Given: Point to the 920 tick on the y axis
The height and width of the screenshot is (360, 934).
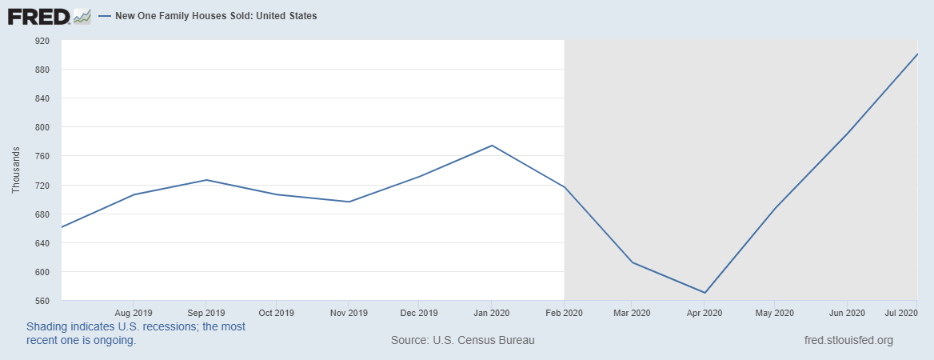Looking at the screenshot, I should [42, 41].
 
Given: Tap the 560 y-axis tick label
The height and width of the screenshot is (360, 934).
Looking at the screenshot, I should [42, 301].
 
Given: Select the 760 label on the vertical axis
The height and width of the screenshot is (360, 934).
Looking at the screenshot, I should [42, 157].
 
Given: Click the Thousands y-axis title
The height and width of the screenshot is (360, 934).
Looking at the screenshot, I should [16, 170].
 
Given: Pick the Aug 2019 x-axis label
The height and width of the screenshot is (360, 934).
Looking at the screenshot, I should [134, 312].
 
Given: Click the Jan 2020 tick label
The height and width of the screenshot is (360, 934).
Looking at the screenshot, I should [492, 312].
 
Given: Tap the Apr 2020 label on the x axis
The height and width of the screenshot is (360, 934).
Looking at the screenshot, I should [705, 312].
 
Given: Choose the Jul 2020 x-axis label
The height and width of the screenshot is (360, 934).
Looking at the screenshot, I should [900, 312].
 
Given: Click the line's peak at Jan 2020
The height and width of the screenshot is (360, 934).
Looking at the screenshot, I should [492, 146].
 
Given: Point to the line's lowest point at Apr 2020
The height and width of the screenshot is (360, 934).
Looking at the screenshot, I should [705, 293].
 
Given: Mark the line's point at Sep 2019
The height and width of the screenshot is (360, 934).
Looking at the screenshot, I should [206, 180].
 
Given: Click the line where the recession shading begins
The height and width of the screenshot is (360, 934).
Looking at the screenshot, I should [565, 187].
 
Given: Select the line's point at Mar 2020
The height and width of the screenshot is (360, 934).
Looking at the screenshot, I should [633, 262].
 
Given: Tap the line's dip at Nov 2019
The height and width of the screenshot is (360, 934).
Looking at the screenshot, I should [349, 202].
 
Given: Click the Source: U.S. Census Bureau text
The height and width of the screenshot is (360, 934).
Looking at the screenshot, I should [462, 340].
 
